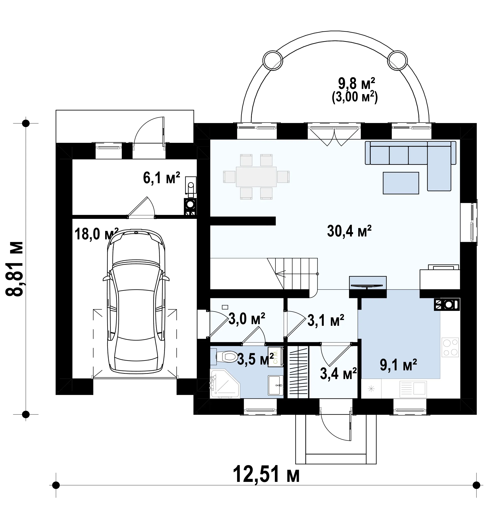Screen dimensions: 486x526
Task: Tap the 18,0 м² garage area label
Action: (x=96, y=234)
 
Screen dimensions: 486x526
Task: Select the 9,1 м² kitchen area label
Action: (x=398, y=365)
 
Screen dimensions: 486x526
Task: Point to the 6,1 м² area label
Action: (x=161, y=178)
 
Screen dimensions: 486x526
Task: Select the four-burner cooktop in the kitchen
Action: (x=450, y=347)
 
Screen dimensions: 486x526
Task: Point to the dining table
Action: (x=256, y=177)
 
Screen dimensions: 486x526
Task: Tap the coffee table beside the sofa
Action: (x=401, y=183)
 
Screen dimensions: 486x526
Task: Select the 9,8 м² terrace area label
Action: (x=356, y=84)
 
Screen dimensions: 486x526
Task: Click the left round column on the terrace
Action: (x=273, y=60)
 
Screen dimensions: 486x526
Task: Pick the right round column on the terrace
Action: (x=398, y=60)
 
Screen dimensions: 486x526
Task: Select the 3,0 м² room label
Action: (x=247, y=319)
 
